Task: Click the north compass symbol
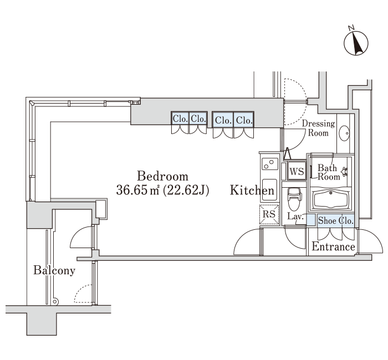pyautogui.click(x=356, y=42)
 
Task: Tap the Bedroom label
pyautogui.click(x=162, y=176)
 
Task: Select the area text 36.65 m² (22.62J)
pyautogui.click(x=162, y=190)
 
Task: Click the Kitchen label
pyautogui.click(x=252, y=190)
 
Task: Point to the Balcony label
pyautogui.click(x=54, y=270)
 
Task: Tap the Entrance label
pyautogui.click(x=333, y=246)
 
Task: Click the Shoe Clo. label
pyautogui.click(x=335, y=220)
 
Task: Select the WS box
pyautogui.click(x=297, y=171)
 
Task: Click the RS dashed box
pyautogui.click(x=269, y=214)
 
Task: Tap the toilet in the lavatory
pyautogui.click(x=294, y=198)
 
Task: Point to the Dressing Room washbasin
pyautogui.click(x=344, y=133)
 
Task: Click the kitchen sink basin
pyautogui.click(x=269, y=189)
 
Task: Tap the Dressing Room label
pyautogui.click(x=318, y=128)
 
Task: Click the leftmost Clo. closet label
pyautogui.click(x=180, y=119)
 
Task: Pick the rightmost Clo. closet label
pyautogui.click(x=244, y=120)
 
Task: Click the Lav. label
pyautogui.click(x=295, y=217)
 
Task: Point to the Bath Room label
pyautogui.click(x=329, y=172)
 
